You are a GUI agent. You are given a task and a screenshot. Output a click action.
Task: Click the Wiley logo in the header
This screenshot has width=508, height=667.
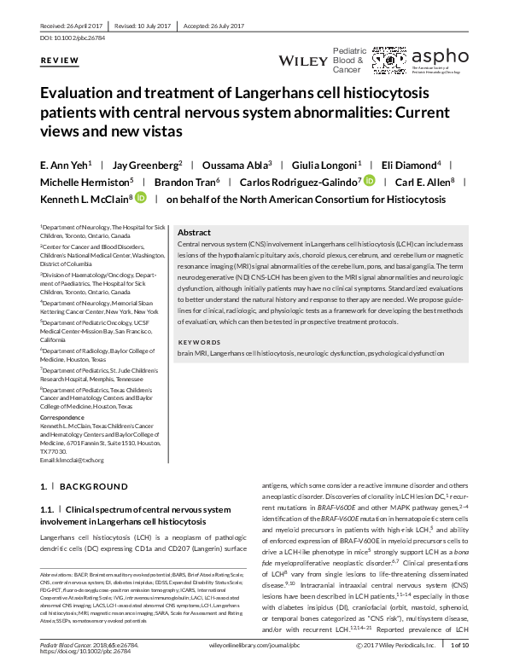(x=303, y=61)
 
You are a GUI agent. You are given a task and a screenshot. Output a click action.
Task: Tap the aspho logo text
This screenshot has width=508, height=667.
(x=440, y=57)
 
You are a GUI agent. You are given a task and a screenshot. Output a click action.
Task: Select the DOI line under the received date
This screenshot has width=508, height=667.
(x=72, y=39)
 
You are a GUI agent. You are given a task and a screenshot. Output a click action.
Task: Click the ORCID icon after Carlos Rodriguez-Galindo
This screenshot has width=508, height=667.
(x=369, y=182)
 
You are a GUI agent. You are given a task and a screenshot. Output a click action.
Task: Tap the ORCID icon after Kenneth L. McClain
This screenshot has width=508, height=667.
(x=140, y=199)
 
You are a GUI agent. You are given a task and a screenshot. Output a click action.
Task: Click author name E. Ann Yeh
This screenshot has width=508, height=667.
(x=65, y=165)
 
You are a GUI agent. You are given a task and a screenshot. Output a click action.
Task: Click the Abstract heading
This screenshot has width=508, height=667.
(x=194, y=232)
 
